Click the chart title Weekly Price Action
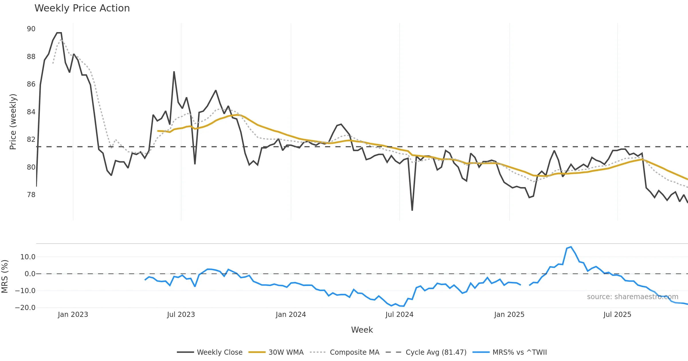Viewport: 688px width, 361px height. [x=82, y=8]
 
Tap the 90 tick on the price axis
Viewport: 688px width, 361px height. [x=31, y=29]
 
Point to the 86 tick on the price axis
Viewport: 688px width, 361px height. [x=31, y=84]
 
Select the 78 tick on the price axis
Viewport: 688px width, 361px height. [x=31, y=195]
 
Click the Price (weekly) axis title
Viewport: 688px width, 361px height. [x=13, y=122]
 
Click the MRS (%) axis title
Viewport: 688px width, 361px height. [x=5, y=276]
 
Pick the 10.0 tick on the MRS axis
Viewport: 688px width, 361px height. [x=28, y=257]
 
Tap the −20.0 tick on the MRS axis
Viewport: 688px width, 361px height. [x=25, y=308]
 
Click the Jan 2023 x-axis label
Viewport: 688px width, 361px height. [x=73, y=315]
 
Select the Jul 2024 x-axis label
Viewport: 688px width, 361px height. [x=399, y=315]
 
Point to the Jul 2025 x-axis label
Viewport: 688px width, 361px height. [x=617, y=315]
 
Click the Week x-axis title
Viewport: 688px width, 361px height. [x=362, y=330]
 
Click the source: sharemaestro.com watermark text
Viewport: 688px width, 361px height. [x=632, y=297]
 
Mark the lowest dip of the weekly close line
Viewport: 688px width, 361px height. [x=412, y=210]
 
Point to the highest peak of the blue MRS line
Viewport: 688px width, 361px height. [x=571, y=247]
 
